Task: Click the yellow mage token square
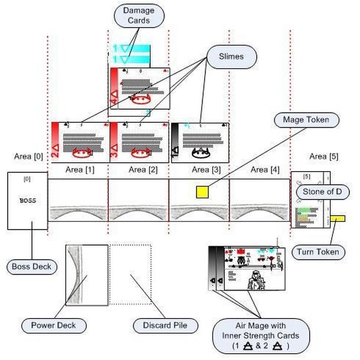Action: pos(202,191)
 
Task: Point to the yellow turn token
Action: pos(338,219)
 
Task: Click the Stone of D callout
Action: pos(322,192)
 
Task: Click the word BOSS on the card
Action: pos(28,201)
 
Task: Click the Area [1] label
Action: pos(78,169)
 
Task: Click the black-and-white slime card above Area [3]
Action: pos(199,142)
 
